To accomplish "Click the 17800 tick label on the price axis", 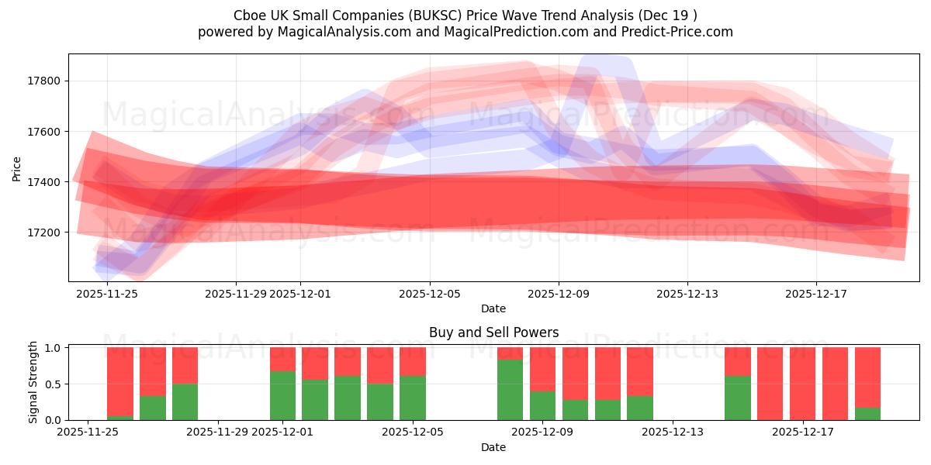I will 44,81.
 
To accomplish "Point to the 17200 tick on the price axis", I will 44,232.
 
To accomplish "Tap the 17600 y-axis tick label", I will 44,132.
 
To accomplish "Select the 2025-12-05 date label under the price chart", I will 430,294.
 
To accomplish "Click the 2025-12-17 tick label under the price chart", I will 816,294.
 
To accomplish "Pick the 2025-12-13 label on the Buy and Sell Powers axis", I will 671,432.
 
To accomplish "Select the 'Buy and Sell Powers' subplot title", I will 493,332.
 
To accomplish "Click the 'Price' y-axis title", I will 16,167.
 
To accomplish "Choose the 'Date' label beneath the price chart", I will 493,308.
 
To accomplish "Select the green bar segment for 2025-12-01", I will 283,396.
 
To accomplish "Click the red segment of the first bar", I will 120,381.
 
